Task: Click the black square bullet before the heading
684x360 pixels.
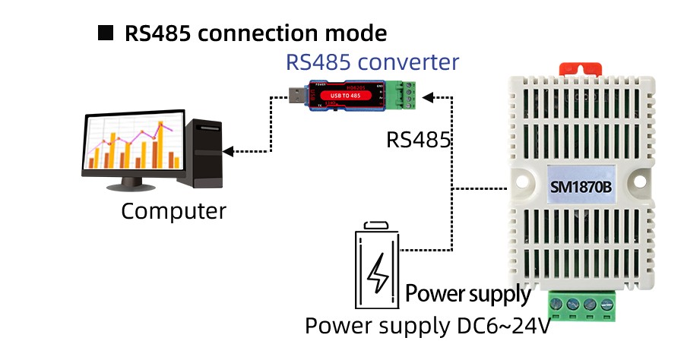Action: coord(106,33)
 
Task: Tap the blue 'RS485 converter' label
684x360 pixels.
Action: coord(372,62)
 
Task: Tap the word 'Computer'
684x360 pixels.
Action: coord(173,210)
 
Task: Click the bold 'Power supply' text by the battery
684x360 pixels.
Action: coord(467,293)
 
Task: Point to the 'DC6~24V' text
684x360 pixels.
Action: coord(496,326)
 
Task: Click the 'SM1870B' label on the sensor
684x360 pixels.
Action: coord(580,186)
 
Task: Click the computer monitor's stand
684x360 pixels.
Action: coord(134,182)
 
